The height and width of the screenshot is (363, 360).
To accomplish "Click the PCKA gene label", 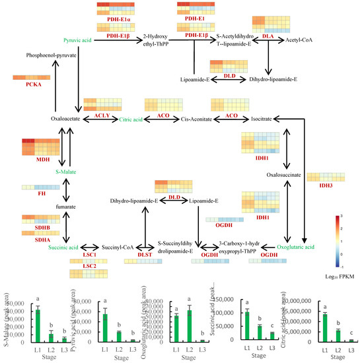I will click(x=32, y=86).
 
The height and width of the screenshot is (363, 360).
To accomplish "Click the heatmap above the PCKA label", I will click(x=32, y=78).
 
